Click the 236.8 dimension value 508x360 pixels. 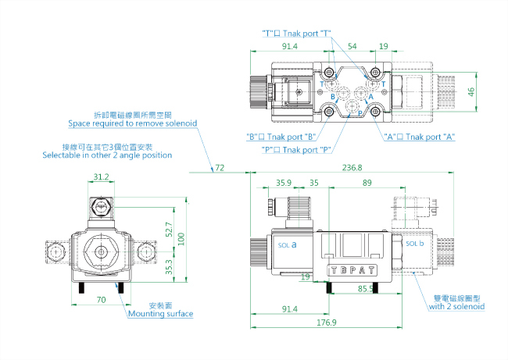coord(352,168)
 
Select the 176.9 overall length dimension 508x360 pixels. coord(325,323)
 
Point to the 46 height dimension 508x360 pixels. coord(493,91)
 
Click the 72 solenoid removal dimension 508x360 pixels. coord(220,168)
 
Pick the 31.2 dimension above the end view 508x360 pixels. coord(101,177)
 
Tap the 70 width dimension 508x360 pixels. coord(101,299)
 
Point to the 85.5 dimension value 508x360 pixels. coord(364,289)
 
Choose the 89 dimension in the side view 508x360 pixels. coord(367,182)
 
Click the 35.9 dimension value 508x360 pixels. coord(284,182)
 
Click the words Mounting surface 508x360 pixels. coord(161,314)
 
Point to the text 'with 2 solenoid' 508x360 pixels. coord(456,307)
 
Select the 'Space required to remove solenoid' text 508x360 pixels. coord(132,123)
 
